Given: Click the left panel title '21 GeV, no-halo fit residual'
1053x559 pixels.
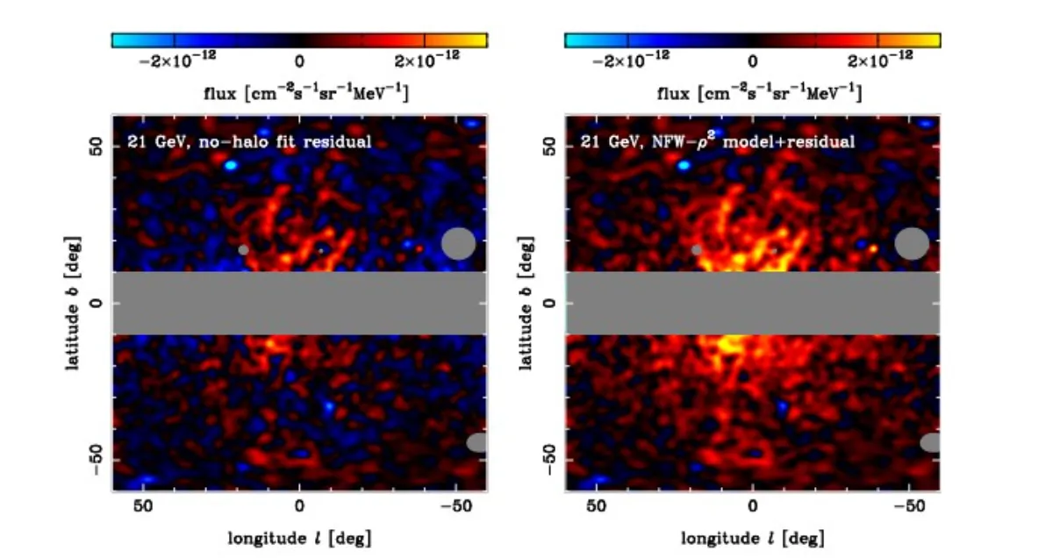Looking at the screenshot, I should click(250, 140).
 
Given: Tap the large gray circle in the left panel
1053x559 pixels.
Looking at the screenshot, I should click(458, 243).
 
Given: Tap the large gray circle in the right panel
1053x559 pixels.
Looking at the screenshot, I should click(912, 243).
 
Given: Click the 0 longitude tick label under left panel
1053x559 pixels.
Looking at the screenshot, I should click(299, 506).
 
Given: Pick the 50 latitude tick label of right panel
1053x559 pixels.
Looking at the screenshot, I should click(550, 147).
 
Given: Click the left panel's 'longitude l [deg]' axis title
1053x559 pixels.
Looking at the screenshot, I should click(299, 537).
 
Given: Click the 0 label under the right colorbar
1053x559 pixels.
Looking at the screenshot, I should click(753, 60).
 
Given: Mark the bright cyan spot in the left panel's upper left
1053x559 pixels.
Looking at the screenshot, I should click(231, 164).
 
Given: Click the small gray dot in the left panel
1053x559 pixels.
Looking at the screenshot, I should click(243, 249).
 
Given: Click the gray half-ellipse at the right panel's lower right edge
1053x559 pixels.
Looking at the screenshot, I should click(930, 442).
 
